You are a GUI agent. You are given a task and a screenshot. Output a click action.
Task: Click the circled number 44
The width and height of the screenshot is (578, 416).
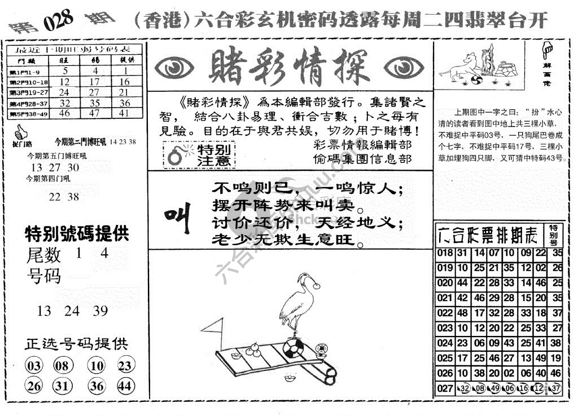pos(125,386)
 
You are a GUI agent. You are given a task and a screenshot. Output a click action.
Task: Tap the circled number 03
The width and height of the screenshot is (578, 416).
pos(34,366)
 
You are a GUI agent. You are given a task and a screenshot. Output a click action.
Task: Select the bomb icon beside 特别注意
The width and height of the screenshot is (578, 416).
pos(176,156)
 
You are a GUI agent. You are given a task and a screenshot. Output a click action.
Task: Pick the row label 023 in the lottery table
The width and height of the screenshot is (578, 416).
pos(445,328)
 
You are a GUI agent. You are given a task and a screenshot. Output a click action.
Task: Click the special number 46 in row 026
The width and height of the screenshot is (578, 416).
pos(557,373)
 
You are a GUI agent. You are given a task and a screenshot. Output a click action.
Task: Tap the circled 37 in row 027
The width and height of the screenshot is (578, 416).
pos(556,388)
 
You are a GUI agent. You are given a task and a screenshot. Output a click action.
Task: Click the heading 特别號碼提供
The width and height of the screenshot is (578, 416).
pos(76,233)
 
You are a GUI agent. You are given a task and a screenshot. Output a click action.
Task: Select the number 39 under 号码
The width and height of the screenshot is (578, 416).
pos(100,310)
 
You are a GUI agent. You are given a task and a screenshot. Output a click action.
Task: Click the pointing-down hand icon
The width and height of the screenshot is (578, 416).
pos(546,50)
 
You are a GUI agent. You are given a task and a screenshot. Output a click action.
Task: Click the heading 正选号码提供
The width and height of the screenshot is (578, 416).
pos(76,344)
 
